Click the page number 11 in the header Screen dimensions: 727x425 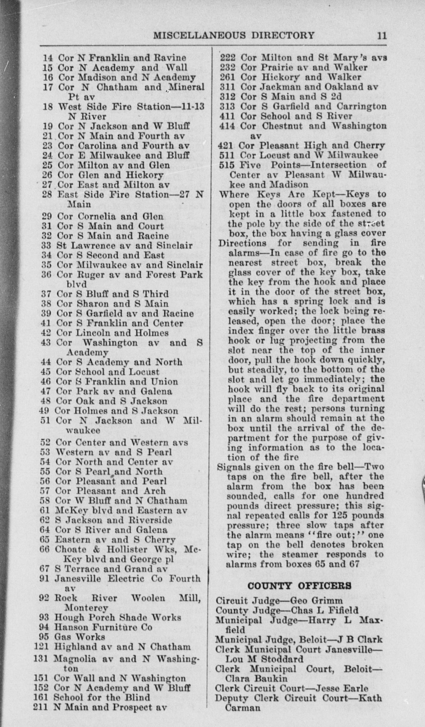[x=382, y=36]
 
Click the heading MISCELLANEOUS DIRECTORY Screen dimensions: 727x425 [x=234, y=36]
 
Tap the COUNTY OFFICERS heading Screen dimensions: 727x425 [x=300, y=586]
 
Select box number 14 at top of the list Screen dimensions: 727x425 [x=48, y=58]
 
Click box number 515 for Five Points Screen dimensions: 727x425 [x=226, y=165]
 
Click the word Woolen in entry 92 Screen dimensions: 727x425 [x=148, y=598]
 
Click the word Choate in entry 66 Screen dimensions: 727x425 [x=71, y=549]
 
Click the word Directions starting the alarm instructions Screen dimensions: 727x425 [x=242, y=243]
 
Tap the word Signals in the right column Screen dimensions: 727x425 [x=233, y=467]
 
